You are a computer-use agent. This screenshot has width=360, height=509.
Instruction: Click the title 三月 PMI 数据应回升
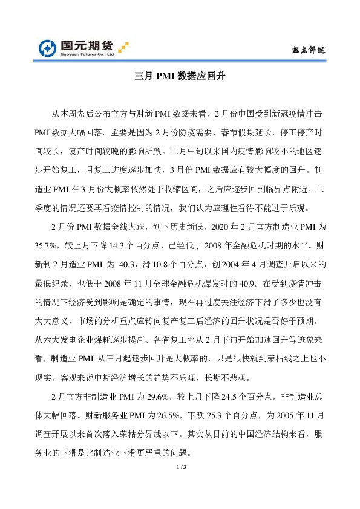click(180, 77)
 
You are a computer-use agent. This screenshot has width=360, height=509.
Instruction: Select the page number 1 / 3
click(180, 468)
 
